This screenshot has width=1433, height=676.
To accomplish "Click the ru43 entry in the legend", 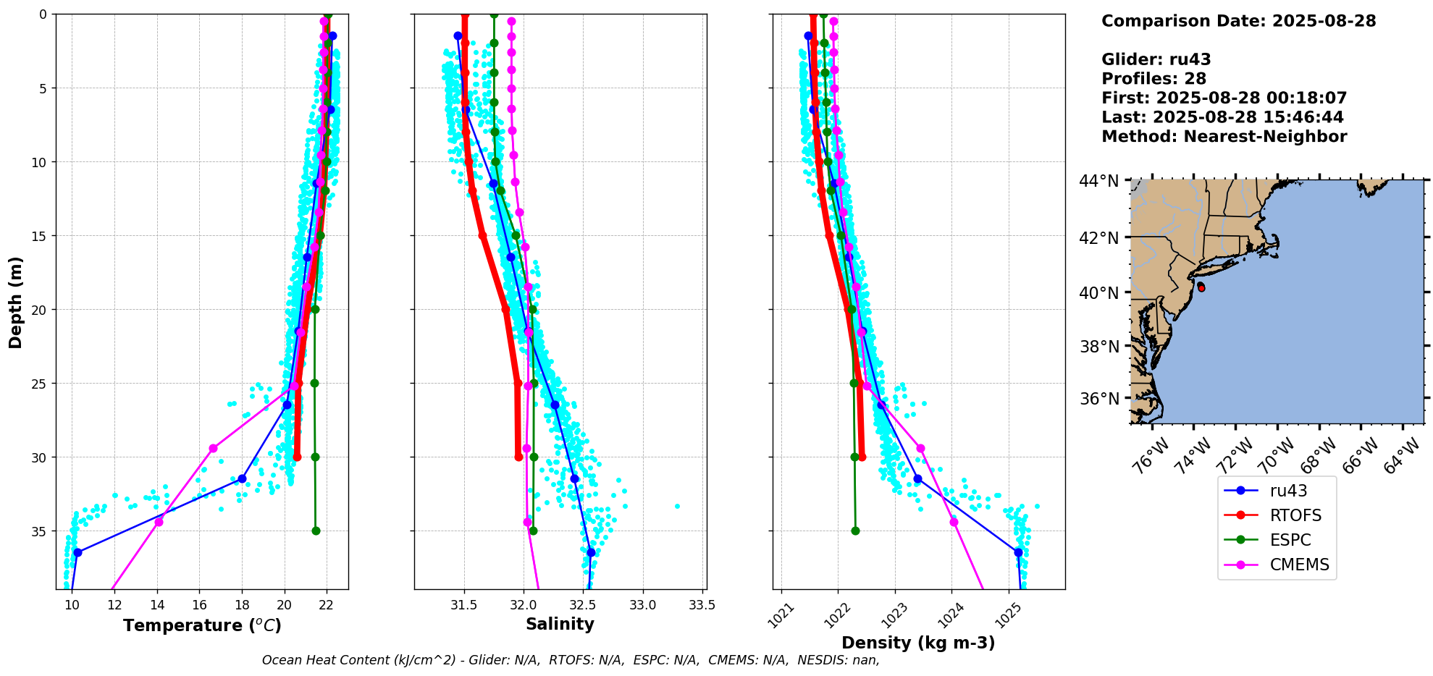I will (x=1288, y=491).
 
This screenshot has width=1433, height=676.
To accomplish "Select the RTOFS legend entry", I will (x=1295, y=515).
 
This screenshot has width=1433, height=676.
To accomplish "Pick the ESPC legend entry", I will (x=1290, y=540).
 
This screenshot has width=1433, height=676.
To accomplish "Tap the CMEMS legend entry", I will (x=1299, y=565).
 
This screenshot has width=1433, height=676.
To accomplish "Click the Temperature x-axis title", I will (x=202, y=625).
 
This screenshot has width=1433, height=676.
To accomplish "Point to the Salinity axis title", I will (x=560, y=624).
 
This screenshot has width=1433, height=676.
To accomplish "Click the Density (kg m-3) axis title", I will (x=918, y=643).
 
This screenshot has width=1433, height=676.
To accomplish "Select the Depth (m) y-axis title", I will (x=16, y=302).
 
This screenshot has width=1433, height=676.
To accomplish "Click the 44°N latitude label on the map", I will (x=1098, y=181).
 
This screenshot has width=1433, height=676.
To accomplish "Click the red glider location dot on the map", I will (x=1201, y=287).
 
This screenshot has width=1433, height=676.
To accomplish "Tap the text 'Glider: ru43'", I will (x=1156, y=59).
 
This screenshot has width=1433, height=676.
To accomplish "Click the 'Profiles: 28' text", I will (x=1153, y=79).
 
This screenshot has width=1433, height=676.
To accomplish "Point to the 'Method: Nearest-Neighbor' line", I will (x=1224, y=136).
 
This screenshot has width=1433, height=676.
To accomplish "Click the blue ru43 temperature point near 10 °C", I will (x=77, y=552).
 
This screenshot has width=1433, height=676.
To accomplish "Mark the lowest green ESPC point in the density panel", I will (x=855, y=531).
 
